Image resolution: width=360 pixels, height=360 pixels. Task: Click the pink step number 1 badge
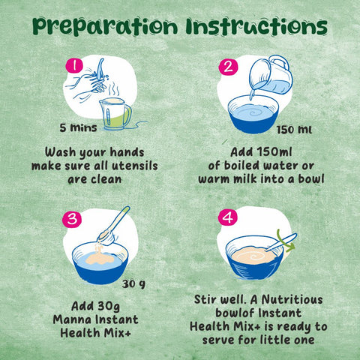point(74,66)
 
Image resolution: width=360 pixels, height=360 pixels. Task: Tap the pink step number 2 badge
point(229,67)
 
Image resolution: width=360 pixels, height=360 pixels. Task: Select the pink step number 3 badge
point(72,219)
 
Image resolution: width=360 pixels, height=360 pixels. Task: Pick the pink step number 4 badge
point(228,217)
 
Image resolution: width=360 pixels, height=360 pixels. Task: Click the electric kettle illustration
point(115,114)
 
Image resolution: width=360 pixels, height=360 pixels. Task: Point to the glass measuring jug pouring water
point(271,75)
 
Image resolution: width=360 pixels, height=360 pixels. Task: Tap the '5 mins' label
point(78,127)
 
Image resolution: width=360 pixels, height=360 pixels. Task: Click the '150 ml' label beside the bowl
point(294,130)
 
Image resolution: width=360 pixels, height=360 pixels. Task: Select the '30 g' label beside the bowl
point(133,284)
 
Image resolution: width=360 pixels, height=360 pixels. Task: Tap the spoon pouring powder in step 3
point(113,226)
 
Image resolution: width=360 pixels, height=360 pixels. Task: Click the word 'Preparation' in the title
point(105,27)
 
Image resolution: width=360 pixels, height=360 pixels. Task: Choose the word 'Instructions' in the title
point(256,26)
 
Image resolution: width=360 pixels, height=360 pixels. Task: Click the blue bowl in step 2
point(253,114)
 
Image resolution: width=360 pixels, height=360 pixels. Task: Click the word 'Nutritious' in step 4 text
point(292,299)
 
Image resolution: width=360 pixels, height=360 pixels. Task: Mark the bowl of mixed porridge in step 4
point(254,257)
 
